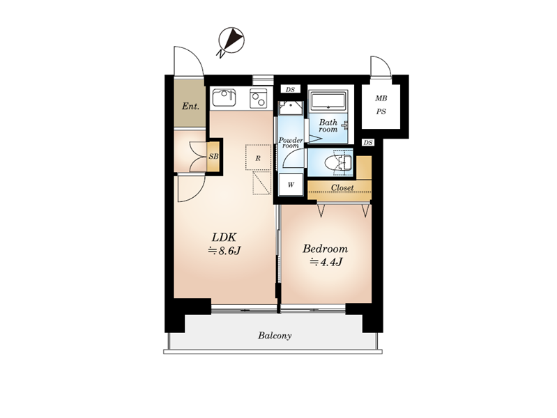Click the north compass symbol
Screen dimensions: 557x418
231,40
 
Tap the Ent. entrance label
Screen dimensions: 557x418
190,106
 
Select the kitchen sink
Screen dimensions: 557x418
224,98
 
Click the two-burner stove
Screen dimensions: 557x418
259,98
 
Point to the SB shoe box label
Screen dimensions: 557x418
213,156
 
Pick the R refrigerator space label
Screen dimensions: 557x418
258,158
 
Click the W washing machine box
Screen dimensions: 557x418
291,185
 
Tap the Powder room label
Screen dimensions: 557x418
291,143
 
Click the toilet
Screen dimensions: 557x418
339,162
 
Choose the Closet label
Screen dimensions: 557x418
342,187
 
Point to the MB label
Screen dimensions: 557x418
381,98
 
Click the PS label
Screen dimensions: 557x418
381,111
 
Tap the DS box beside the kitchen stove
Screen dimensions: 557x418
291,89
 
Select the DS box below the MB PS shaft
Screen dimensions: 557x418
368,142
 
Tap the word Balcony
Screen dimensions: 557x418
275,336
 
